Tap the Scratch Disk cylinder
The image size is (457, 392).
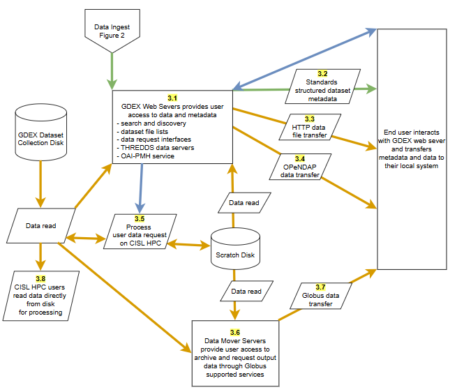pyautogui.click(x=233, y=252)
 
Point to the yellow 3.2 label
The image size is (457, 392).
pyautogui.click(x=322, y=74)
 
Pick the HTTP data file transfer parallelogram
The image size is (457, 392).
pyautogui.click(x=308, y=127)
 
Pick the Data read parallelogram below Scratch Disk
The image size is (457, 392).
pyautogui.click(x=246, y=291)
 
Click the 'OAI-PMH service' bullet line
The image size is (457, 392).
pyautogui.click(x=144, y=156)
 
